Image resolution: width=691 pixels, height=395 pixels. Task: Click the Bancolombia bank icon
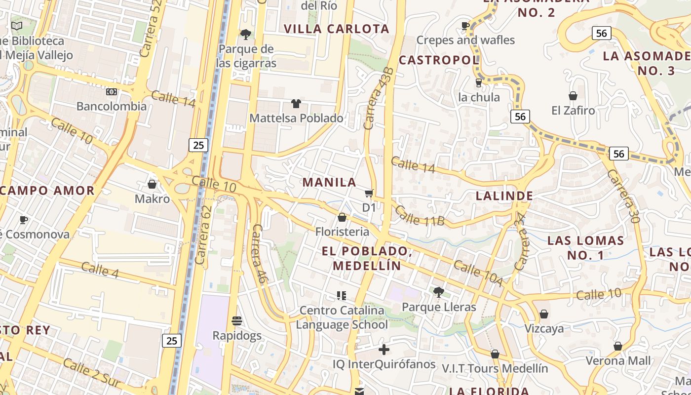[x=112, y=92]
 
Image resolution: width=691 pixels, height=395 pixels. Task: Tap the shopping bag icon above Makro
[x=152, y=184]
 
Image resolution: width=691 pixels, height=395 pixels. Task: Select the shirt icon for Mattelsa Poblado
[x=296, y=104]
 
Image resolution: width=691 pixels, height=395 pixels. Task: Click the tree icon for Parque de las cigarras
[x=245, y=34]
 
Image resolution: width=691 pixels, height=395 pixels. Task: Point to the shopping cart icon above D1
[x=369, y=193]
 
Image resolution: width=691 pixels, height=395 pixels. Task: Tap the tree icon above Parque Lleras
[x=438, y=292]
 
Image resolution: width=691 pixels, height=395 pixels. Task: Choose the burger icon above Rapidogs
[x=237, y=321]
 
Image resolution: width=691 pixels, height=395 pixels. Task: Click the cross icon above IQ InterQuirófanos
[x=384, y=350]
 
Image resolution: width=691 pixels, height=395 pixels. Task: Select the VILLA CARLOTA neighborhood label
[x=337, y=29]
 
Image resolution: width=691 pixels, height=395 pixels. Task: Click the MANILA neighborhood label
[x=329, y=182]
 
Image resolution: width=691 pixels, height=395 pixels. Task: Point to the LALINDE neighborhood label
[x=504, y=196]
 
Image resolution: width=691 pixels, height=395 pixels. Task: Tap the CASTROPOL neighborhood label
[x=438, y=60]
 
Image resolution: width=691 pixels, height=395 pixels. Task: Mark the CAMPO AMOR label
[x=47, y=191]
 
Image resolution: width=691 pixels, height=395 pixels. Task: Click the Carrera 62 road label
[x=203, y=235]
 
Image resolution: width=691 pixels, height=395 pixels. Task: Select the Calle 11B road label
[x=420, y=216]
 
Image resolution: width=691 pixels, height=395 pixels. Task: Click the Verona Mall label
[x=618, y=360]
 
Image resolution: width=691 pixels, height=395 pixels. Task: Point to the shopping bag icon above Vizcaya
[x=544, y=314]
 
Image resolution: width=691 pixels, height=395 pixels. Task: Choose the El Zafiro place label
[x=573, y=110]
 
